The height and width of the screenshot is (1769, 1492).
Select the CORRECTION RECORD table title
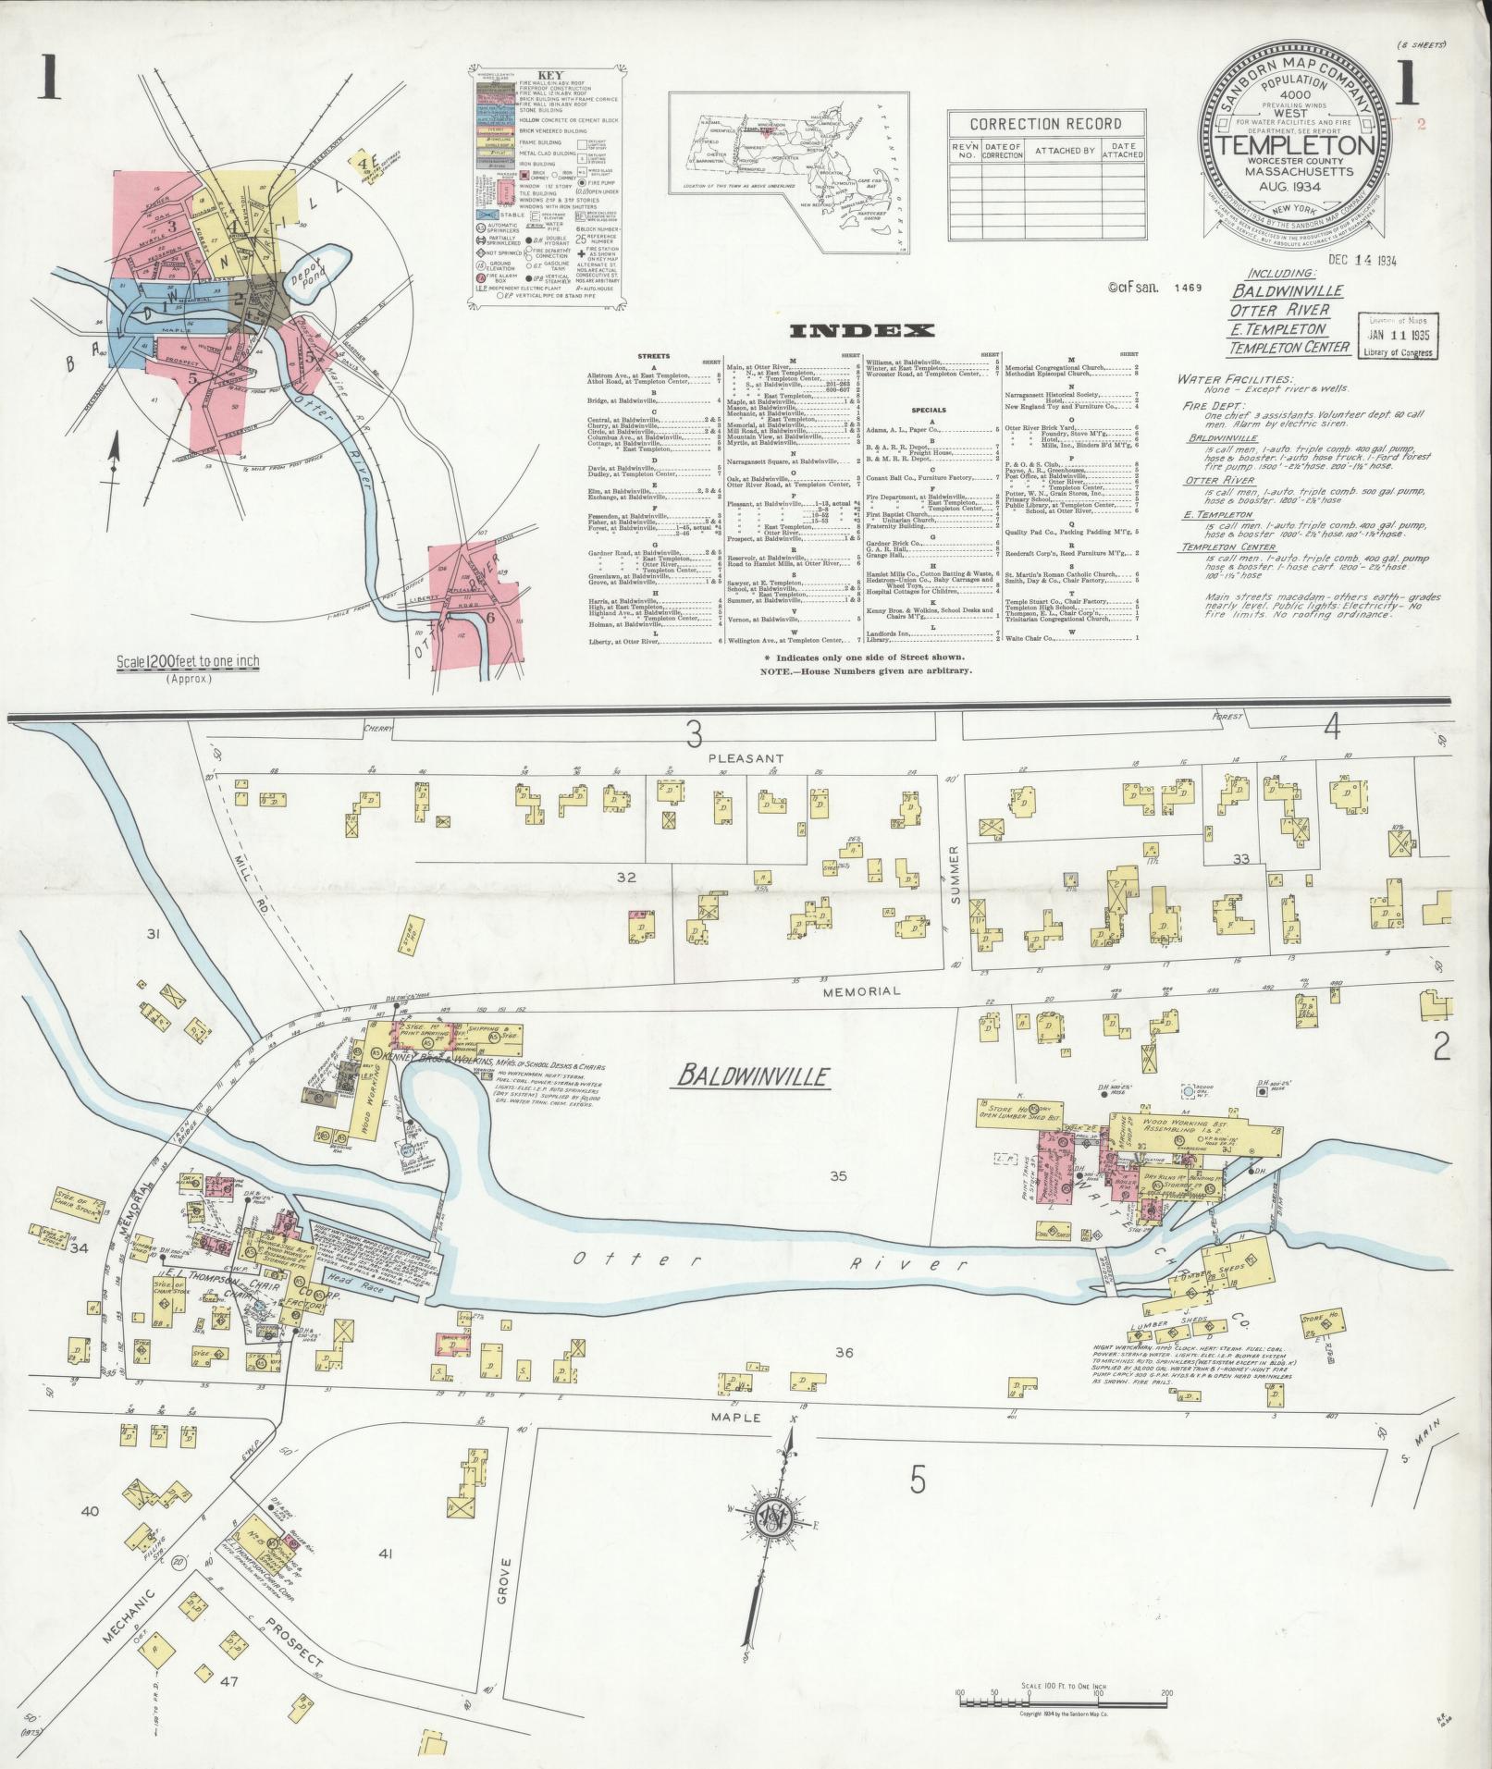(x=1045, y=124)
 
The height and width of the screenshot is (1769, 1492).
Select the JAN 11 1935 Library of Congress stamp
(x=1398, y=336)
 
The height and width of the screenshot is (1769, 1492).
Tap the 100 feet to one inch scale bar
(x=1062, y=1698)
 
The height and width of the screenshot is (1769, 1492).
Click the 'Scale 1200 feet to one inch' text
(x=188, y=661)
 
